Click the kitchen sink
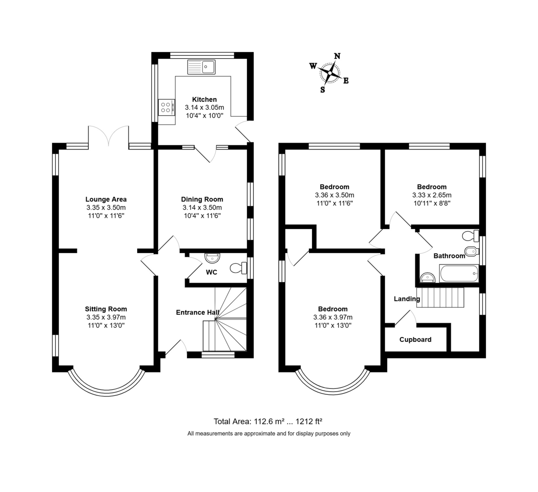[x=202, y=67]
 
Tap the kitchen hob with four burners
[x=166, y=107]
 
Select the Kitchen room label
[x=204, y=99]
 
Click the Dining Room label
[x=202, y=199]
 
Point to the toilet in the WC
[x=238, y=268]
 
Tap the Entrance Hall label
[x=197, y=312]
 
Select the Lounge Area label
[x=106, y=199]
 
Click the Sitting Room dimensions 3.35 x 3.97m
[x=106, y=317]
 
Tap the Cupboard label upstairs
[x=415, y=340]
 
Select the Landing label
[x=407, y=299]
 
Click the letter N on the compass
[x=337, y=56]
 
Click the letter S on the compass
[x=322, y=89]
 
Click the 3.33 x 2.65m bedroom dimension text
[x=432, y=195]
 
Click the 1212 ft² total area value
[x=308, y=421]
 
